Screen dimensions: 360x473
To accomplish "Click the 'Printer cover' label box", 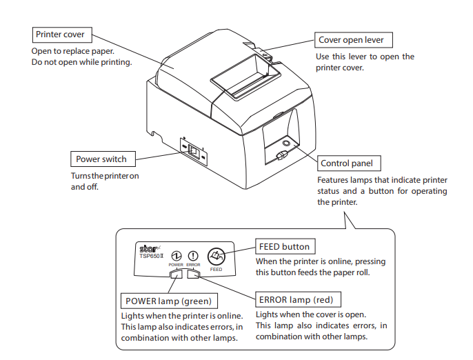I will [62, 34].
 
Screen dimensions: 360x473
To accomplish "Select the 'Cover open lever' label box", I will [351, 39].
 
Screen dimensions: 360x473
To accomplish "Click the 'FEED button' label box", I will [285, 246].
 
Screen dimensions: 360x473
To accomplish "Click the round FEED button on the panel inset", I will [216, 257].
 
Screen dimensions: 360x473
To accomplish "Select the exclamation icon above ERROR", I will [193, 255].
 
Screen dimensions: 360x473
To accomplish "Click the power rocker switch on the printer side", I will [194, 150].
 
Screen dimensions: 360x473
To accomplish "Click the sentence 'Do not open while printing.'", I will [81, 63].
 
